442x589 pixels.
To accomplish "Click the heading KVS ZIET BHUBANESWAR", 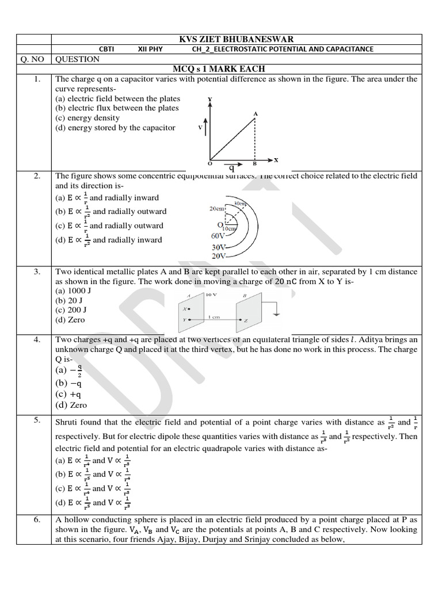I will click(236, 39).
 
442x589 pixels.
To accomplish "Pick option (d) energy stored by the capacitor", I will click(115, 128).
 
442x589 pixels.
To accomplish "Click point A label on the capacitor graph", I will click(256, 114).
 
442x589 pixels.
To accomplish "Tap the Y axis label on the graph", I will click(210, 99).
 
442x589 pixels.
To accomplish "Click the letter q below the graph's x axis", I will click(231, 169).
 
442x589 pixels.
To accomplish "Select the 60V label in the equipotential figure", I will click(219, 235).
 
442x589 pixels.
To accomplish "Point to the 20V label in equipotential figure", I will click(219, 255).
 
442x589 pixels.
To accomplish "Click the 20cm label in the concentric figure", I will click(217, 209).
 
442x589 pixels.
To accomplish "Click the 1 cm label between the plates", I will click(214, 316).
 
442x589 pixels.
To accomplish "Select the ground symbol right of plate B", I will click(278, 311).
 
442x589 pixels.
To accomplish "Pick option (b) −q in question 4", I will click(68, 383).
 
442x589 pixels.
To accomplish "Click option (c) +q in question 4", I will click(68, 394).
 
